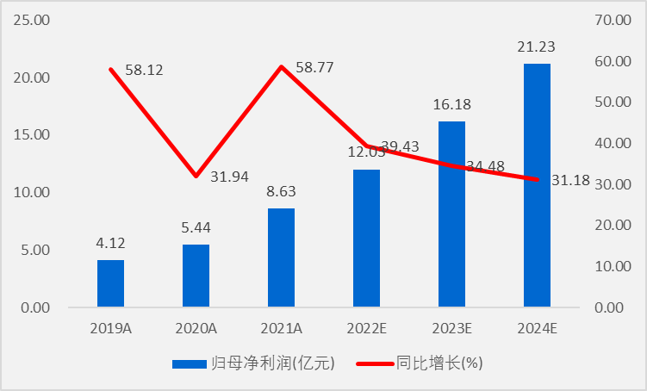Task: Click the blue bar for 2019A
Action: click(110, 283)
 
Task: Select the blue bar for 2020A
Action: click(196, 276)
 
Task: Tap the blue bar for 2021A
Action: click(281, 258)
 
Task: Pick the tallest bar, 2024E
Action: click(537, 185)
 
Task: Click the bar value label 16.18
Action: click(451, 104)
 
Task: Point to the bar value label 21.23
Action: click(537, 47)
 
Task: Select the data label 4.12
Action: click(110, 243)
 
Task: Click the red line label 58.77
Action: click(314, 67)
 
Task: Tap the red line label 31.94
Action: click(229, 177)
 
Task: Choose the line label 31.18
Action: click(570, 180)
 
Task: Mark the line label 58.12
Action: click(144, 68)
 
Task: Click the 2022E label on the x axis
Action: click(366, 328)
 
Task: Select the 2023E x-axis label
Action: click(451, 328)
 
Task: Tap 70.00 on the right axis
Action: click(613, 20)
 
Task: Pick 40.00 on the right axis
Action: click(613, 143)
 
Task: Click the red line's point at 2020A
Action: click(196, 177)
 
